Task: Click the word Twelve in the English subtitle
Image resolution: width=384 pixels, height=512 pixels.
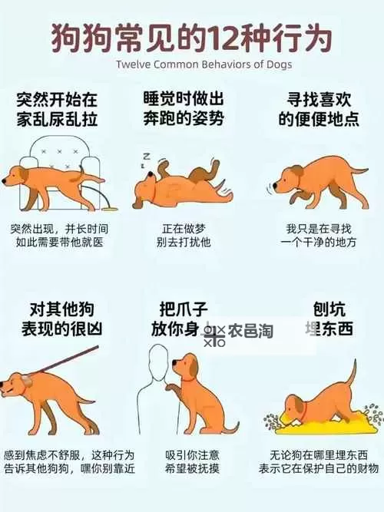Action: pyautogui.click(x=134, y=64)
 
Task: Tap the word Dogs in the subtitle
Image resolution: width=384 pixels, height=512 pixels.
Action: pyautogui.click(x=276, y=64)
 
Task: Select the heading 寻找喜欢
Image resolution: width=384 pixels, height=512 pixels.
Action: pyautogui.click(x=313, y=99)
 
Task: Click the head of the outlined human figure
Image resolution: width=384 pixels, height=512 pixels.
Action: pyautogui.click(x=159, y=356)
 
